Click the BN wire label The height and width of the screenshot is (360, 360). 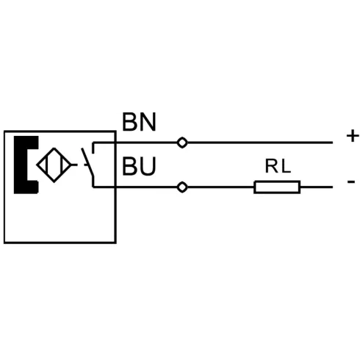point(139,122)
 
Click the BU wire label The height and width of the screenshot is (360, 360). point(139,166)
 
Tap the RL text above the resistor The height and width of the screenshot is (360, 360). point(278,166)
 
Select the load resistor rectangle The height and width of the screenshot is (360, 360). point(277,187)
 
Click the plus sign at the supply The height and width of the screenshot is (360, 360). point(353,136)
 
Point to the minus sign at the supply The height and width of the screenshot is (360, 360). point(351,181)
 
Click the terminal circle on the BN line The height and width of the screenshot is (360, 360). point(182,143)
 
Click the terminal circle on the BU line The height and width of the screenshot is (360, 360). point(182,187)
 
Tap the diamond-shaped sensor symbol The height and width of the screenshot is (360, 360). point(54,148)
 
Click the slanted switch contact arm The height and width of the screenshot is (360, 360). point(87,162)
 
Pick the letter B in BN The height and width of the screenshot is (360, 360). point(130,122)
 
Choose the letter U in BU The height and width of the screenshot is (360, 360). point(148,166)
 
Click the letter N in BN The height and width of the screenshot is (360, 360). point(148,122)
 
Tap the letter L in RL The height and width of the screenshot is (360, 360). point(286,166)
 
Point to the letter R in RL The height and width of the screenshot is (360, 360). point(271,166)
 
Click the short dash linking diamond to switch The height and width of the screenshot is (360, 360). point(74,165)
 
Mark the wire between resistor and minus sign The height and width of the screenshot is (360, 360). point(317,187)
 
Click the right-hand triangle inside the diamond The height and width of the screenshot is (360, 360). point(66,165)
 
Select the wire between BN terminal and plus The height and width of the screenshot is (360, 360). point(260,143)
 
